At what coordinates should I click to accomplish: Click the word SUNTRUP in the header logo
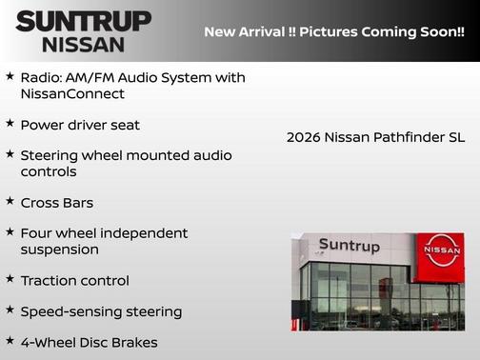[x=83, y=21]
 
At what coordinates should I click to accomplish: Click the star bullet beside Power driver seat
[x=10, y=124]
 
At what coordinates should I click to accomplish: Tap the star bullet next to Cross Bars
[x=10, y=202]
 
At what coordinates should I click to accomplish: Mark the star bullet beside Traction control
[x=10, y=280]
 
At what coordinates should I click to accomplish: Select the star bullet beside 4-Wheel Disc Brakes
[x=10, y=341]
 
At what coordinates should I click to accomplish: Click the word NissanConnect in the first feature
[x=72, y=94]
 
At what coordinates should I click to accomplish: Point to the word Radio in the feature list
[x=42, y=76]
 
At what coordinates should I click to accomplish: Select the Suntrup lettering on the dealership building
[x=349, y=246]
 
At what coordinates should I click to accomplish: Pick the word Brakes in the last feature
[x=134, y=342]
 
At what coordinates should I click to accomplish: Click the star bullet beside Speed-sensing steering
[x=10, y=310]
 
